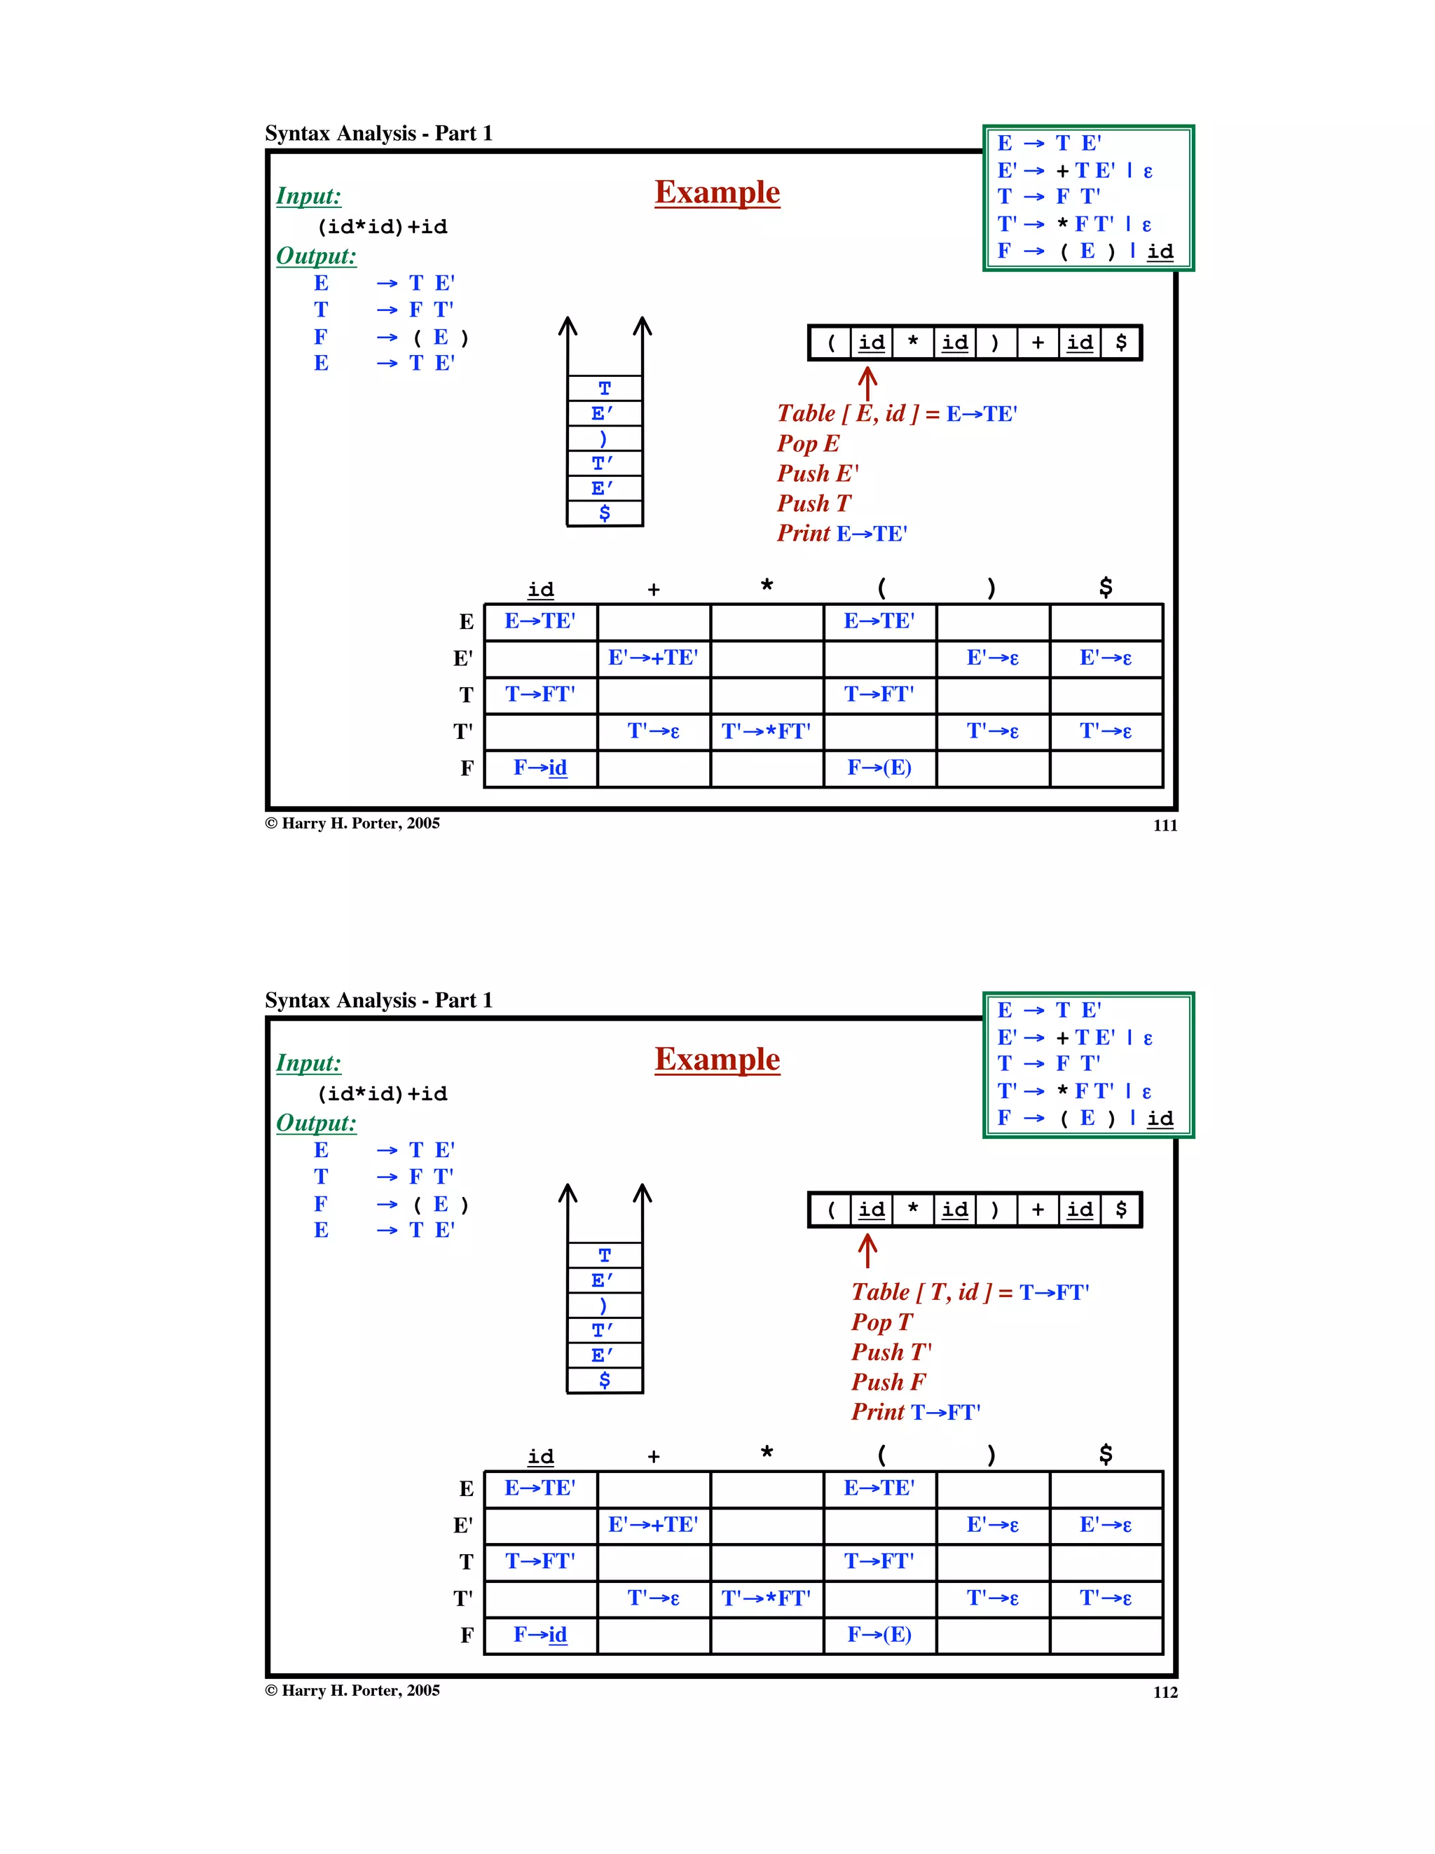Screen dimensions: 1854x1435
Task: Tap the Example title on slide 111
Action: point(717,193)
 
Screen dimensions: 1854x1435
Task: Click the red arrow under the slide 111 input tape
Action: point(867,384)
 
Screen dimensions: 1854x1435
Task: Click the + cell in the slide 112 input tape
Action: point(1038,1210)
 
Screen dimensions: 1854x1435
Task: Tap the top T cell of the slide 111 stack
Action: point(605,389)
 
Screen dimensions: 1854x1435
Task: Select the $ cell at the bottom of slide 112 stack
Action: point(605,1381)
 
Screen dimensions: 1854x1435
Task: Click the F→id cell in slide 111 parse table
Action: point(540,768)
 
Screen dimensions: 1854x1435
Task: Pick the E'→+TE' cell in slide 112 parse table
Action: point(653,1525)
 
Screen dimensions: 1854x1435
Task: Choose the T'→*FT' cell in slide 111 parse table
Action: point(766,732)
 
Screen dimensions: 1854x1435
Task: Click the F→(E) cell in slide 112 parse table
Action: point(879,1635)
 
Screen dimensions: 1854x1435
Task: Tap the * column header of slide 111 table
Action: point(767,586)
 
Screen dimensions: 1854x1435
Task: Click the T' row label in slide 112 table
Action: point(462,1598)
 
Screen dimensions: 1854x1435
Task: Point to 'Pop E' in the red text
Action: point(807,443)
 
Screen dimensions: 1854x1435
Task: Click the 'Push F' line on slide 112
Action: point(888,1382)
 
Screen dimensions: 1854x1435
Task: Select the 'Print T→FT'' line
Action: point(915,1412)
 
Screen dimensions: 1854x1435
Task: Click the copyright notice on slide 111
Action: point(352,824)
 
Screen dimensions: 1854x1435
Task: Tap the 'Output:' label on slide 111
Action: point(316,256)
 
